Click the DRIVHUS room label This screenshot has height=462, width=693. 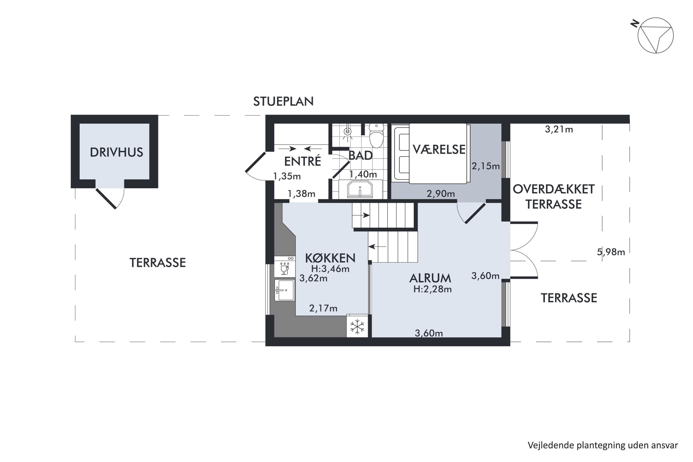click(116, 152)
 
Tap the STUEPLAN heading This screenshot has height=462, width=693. click(283, 101)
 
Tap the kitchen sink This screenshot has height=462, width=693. click(285, 290)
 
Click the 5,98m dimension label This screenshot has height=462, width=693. click(611, 252)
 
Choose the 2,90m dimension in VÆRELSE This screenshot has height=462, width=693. click(441, 194)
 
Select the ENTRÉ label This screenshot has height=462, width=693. click(303, 161)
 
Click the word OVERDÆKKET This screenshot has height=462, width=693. click(554, 189)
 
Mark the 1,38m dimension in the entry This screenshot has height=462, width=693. click(301, 194)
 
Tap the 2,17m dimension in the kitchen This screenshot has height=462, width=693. click(323, 308)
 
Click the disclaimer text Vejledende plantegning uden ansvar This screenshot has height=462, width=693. click(602, 445)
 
